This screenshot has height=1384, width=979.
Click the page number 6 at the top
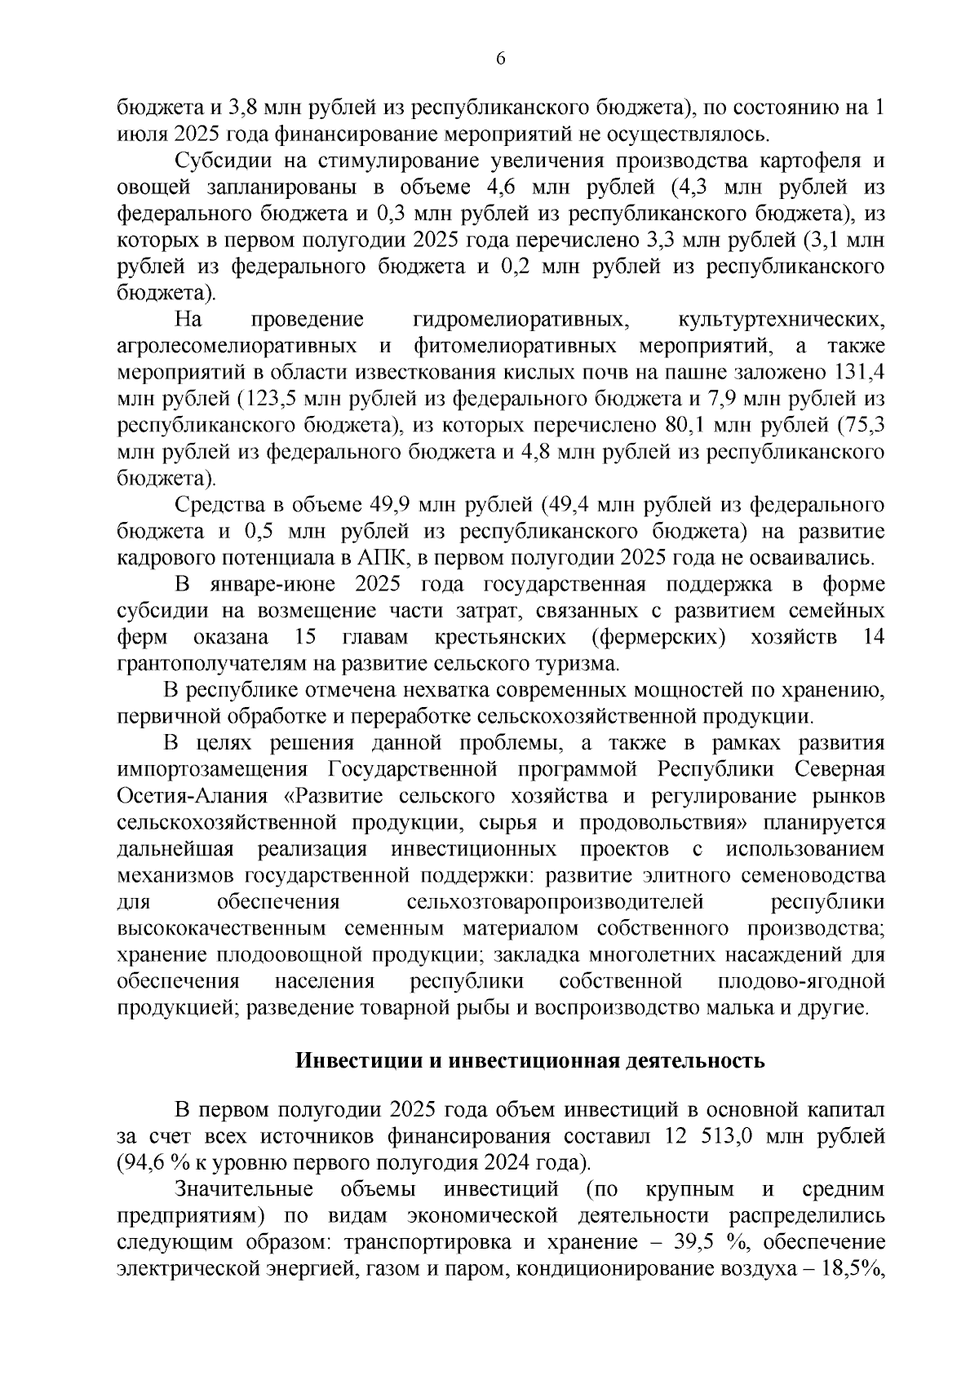click(500, 59)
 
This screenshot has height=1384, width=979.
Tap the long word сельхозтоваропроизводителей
click(555, 902)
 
